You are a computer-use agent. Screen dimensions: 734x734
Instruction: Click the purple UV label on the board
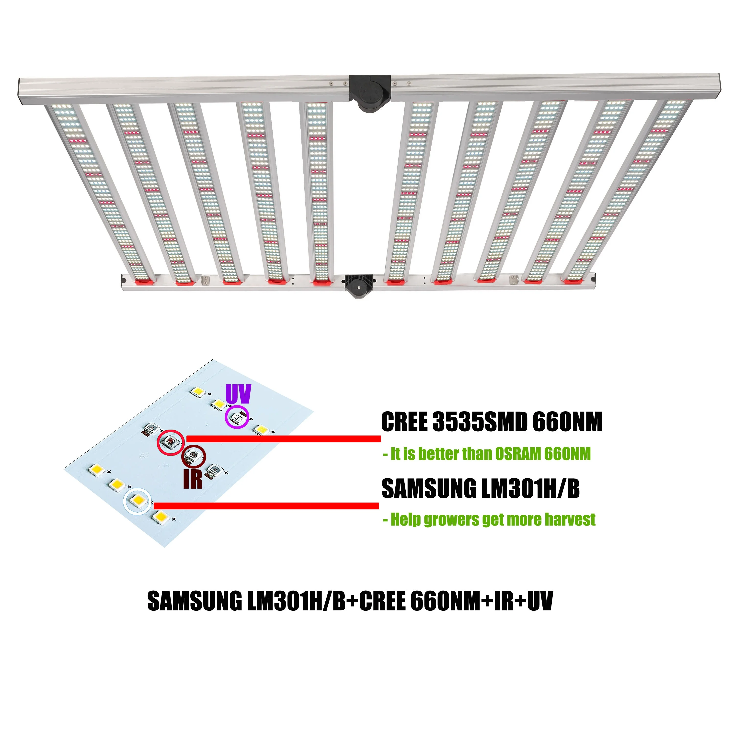(x=238, y=394)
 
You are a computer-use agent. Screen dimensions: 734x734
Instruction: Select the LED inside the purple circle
(x=237, y=418)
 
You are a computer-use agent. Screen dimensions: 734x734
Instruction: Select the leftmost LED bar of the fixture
(x=99, y=190)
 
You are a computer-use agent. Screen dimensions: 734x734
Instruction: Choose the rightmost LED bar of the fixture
(x=631, y=190)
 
